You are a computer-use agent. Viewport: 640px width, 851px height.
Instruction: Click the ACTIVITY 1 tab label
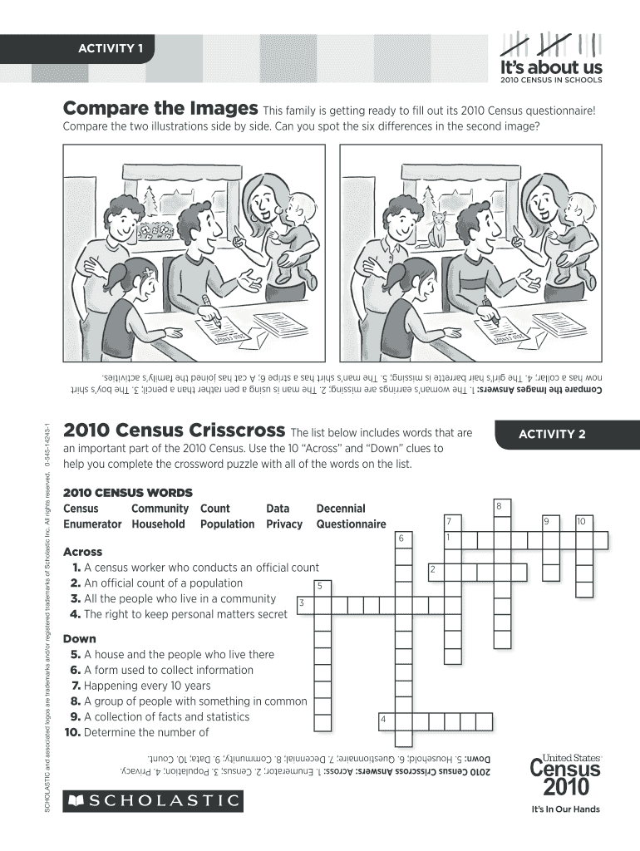(x=111, y=48)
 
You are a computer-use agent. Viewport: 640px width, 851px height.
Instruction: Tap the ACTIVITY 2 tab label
(x=552, y=434)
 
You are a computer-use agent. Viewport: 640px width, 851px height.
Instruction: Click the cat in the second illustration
(x=437, y=229)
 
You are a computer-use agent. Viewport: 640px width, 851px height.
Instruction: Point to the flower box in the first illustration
(x=155, y=232)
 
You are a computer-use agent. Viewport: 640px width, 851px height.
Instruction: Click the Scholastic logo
(x=153, y=800)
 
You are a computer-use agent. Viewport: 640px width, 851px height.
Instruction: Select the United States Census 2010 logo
(x=566, y=776)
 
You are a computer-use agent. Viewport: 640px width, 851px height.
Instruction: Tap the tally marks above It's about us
(x=550, y=45)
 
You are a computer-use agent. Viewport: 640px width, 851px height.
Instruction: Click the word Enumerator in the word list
(x=92, y=524)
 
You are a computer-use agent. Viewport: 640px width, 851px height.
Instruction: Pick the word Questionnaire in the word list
(x=352, y=524)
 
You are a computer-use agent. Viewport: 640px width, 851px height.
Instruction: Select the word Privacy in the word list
(x=284, y=524)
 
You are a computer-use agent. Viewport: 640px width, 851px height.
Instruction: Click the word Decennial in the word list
(x=341, y=509)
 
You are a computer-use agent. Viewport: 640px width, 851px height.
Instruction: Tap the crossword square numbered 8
(x=503, y=509)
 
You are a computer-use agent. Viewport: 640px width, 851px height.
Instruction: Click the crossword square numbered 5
(x=323, y=589)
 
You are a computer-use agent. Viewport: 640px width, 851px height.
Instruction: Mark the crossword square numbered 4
(x=387, y=722)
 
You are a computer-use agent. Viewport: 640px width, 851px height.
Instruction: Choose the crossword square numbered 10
(x=584, y=524)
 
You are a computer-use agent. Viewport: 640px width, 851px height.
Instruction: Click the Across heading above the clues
(x=82, y=552)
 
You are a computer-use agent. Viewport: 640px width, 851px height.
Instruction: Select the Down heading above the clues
(x=79, y=639)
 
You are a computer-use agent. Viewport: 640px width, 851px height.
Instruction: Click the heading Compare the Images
(x=160, y=109)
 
